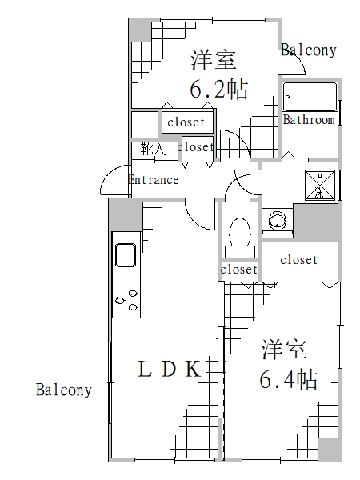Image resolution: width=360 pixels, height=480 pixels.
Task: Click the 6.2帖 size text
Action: (218, 89)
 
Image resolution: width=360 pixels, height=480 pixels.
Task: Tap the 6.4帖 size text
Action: (287, 378)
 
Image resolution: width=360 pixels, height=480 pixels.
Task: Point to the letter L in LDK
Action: (145, 370)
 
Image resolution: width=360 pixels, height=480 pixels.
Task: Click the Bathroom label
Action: (309, 121)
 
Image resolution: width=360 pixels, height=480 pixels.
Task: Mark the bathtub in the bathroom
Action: (310, 97)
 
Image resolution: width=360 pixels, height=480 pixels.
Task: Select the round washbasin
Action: (277, 219)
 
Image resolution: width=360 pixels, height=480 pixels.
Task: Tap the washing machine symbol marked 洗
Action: (319, 183)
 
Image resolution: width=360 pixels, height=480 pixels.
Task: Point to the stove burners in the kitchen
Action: (126, 299)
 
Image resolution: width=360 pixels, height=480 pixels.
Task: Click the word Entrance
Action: (154, 180)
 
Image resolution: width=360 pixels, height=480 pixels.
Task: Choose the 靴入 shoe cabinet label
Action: (152, 148)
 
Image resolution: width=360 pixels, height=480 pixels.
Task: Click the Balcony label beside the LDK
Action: (63, 391)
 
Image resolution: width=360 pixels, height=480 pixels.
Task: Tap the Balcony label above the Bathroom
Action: (309, 50)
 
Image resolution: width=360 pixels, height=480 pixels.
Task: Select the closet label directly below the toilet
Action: (239, 270)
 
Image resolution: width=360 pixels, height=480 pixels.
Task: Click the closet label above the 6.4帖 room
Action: (298, 260)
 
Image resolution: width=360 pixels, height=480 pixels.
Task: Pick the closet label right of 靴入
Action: (197, 147)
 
